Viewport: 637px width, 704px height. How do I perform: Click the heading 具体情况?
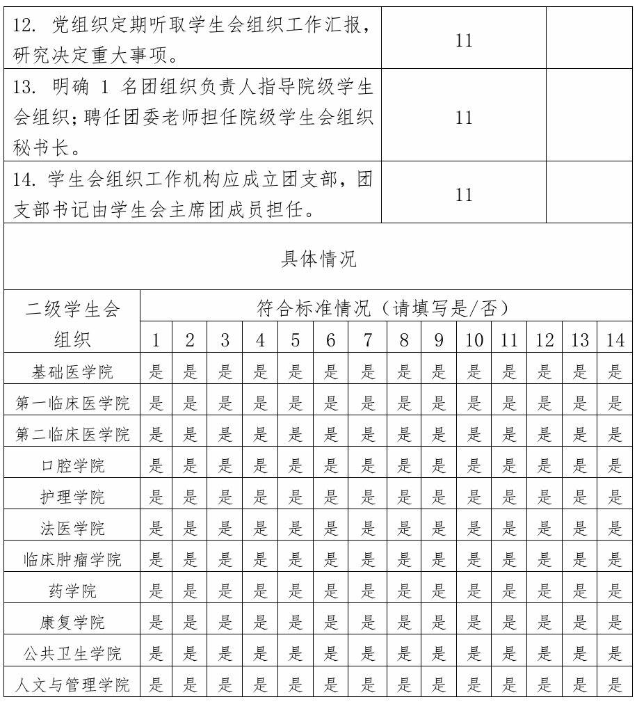pyautogui.click(x=318, y=259)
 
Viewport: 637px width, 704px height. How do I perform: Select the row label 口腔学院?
pyautogui.click(x=72, y=466)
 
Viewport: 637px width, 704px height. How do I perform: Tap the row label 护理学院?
pyautogui.click(x=72, y=497)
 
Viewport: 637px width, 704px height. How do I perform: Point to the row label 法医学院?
pyautogui.click(x=72, y=528)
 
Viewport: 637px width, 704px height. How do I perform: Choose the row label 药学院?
pyautogui.click(x=72, y=591)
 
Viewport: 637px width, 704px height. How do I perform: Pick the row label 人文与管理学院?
pyautogui.click(x=72, y=685)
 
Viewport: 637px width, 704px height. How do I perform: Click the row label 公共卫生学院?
pyautogui.click(x=72, y=654)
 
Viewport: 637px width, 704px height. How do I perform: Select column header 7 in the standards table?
pyautogui.click(x=368, y=340)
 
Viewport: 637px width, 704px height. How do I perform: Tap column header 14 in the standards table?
pyautogui.click(x=615, y=340)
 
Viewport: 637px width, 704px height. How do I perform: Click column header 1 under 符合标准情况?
pyautogui.click(x=156, y=340)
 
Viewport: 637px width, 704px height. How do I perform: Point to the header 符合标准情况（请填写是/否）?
pyautogui.click(x=385, y=307)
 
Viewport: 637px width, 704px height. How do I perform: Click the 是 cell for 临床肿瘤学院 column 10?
pyautogui.click(x=474, y=559)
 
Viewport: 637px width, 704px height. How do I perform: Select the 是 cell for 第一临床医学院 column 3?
pyautogui.click(x=226, y=403)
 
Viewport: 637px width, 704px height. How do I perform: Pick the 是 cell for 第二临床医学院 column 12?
pyautogui.click(x=545, y=434)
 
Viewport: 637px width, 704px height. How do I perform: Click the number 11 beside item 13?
pyautogui.click(x=464, y=118)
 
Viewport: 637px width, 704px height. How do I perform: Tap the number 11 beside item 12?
pyautogui.click(x=464, y=40)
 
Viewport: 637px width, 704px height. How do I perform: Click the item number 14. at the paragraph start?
pyautogui.click(x=26, y=180)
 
